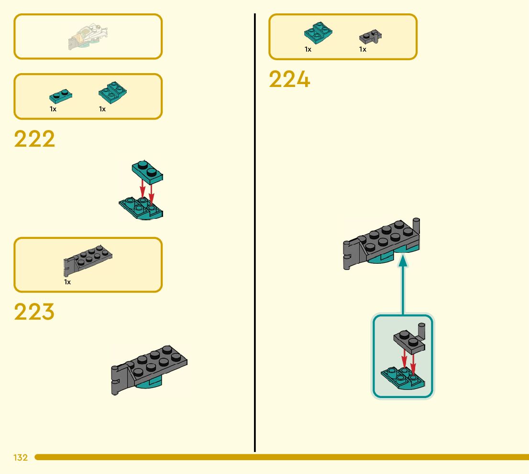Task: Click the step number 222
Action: click(x=34, y=139)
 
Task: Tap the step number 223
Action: click(x=34, y=312)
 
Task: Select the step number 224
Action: click(x=289, y=79)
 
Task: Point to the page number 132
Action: click(x=21, y=458)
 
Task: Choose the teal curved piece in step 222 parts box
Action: click(x=112, y=91)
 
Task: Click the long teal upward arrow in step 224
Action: click(x=403, y=287)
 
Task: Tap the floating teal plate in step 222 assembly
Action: click(x=148, y=172)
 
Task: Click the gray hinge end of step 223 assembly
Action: click(x=116, y=380)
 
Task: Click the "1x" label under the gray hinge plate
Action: click(x=67, y=282)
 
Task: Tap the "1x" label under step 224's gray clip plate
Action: click(x=363, y=49)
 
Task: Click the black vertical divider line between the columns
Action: click(x=254, y=239)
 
